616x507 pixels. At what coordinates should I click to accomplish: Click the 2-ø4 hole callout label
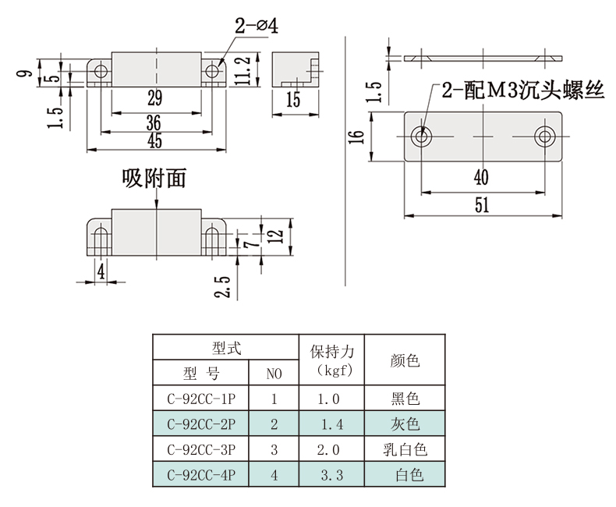[257, 26]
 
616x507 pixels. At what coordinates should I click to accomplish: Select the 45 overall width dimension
[155, 140]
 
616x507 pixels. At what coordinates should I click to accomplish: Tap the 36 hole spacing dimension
[154, 123]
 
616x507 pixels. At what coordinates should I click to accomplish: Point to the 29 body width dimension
[155, 97]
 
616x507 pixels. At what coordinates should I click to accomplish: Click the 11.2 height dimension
[243, 70]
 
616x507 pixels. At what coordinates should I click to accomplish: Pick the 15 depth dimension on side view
[293, 99]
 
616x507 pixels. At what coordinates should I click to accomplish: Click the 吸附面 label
[154, 178]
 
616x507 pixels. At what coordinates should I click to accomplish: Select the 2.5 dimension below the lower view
[222, 286]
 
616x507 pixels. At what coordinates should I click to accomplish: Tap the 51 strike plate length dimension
[482, 206]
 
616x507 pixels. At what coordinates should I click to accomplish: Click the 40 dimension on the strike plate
[481, 177]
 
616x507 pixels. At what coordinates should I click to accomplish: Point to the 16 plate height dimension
[356, 136]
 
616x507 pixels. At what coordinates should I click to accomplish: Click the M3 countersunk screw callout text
[522, 90]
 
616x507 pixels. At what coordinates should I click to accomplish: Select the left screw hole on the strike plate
[422, 136]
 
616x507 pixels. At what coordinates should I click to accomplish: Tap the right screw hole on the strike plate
[545, 136]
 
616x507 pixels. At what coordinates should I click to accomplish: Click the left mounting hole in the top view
[101, 71]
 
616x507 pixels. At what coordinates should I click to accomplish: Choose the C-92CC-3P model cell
[200, 449]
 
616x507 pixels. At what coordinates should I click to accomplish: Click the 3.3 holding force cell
[332, 475]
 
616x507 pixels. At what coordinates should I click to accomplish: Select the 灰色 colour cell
[405, 424]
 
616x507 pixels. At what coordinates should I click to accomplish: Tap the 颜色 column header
[405, 360]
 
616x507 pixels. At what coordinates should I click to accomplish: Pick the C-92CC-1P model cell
[200, 399]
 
